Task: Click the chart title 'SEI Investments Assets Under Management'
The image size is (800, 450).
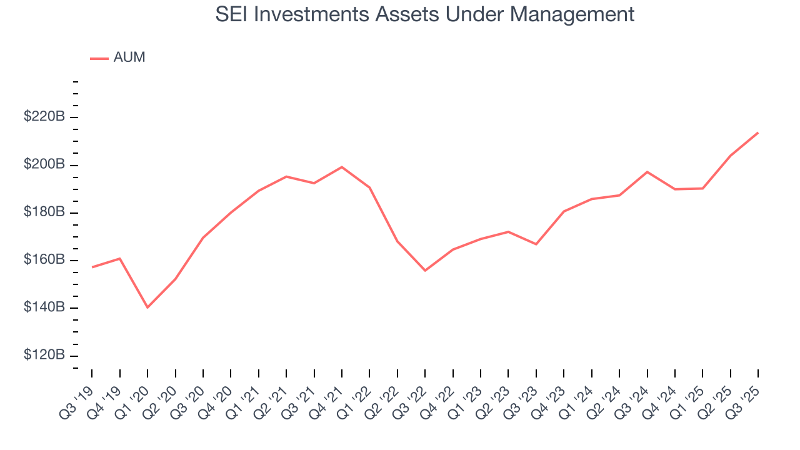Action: (x=425, y=14)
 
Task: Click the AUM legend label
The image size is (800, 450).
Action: (x=129, y=57)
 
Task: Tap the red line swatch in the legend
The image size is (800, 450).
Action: (x=99, y=58)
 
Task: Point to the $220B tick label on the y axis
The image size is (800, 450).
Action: (x=44, y=116)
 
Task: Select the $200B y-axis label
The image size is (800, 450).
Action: (x=44, y=164)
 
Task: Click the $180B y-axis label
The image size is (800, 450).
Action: (x=44, y=212)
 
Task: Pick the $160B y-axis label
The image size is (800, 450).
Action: (x=44, y=259)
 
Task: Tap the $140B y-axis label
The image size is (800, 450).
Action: (x=44, y=307)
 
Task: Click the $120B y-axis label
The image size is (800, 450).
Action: (x=44, y=355)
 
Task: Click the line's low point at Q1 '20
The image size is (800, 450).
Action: (x=147, y=307)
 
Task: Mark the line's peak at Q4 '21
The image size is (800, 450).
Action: (x=342, y=167)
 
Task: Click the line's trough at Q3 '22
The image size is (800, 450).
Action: (x=425, y=271)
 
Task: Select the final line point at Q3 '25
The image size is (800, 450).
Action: (x=758, y=132)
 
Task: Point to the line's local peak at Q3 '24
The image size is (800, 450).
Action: (x=647, y=171)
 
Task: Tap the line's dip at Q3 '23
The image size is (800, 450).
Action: (x=536, y=244)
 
